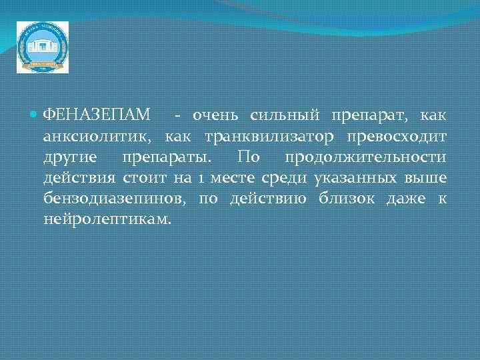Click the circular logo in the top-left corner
[42, 47]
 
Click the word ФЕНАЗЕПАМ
[96, 116]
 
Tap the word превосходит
[397, 137]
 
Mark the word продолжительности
[365, 157]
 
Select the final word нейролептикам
[107, 219]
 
